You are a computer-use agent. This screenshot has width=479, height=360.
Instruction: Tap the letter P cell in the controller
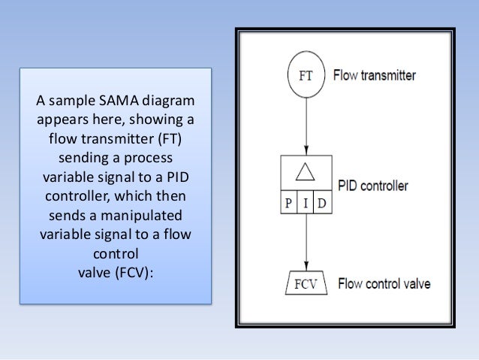click(x=288, y=203)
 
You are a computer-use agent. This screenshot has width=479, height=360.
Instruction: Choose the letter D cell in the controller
click(x=321, y=203)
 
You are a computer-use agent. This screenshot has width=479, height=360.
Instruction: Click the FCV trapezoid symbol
click(x=306, y=286)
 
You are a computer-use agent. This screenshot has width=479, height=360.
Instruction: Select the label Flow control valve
click(x=384, y=285)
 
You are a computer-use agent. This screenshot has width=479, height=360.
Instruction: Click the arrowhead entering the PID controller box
click(x=305, y=150)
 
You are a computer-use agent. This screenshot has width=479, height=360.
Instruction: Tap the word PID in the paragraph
click(x=177, y=178)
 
